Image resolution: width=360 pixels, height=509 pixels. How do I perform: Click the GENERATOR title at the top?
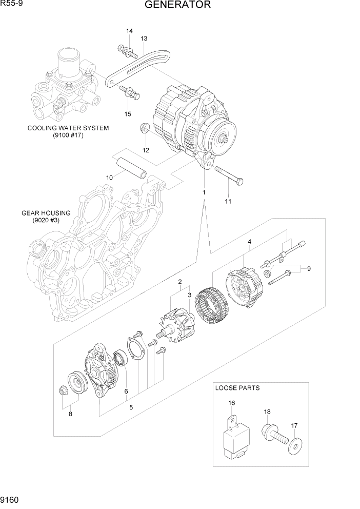177,6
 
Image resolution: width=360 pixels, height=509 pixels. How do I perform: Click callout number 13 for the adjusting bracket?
144,39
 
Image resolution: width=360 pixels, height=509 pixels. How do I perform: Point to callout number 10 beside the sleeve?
109,178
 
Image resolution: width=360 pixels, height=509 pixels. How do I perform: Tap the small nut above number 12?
145,128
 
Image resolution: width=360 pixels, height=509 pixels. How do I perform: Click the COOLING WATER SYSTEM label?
68,128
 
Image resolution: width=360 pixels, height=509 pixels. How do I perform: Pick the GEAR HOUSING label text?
46,213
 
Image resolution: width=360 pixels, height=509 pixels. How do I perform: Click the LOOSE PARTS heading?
237,388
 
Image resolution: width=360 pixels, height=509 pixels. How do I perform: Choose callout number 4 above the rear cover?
249,241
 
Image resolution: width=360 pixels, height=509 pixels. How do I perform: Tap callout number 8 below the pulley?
70,414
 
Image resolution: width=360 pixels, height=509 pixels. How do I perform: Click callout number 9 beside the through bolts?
309,268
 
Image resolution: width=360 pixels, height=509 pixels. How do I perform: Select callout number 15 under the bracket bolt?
128,114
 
